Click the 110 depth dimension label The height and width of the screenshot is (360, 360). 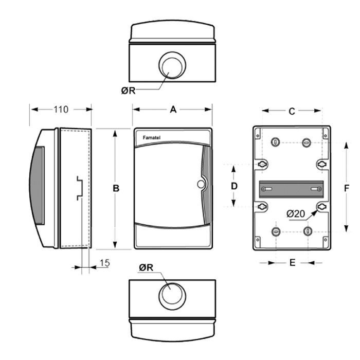click(61, 110)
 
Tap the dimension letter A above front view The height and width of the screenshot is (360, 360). click(173, 110)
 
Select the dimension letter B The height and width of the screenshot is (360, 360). click(116, 188)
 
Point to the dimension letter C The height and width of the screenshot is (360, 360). click(292, 112)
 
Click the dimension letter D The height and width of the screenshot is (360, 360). click(234, 186)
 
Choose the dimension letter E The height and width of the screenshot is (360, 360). click(292, 262)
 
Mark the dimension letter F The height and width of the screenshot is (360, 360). click(347, 188)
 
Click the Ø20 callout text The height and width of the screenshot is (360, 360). click(296, 214)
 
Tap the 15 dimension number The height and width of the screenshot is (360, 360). click(105, 263)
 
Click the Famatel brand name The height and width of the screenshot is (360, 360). click(152, 137)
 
